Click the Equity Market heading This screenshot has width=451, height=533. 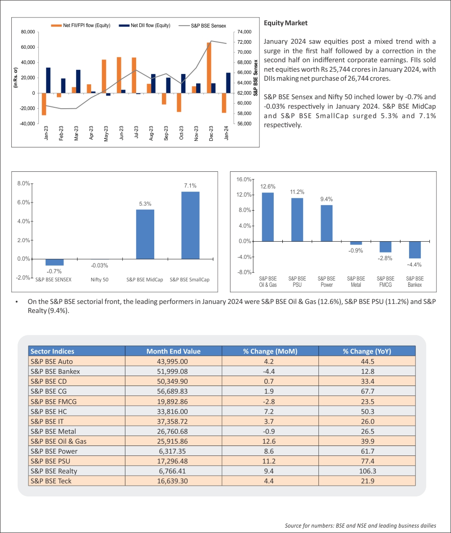point(285,23)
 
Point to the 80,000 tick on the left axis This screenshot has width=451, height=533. point(28,32)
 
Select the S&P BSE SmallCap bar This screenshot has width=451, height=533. point(190,225)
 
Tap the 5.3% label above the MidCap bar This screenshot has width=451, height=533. point(145,204)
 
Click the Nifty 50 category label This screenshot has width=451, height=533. point(99,280)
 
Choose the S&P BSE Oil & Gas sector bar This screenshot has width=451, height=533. point(267,217)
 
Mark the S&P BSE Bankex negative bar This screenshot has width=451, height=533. point(414,250)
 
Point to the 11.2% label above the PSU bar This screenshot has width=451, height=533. point(297,192)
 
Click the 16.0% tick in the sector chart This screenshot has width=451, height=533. point(244,179)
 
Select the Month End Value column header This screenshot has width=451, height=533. point(173,351)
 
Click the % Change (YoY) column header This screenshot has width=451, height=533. point(367,351)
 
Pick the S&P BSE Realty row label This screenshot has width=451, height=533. point(54,471)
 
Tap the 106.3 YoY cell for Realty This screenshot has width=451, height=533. point(367,471)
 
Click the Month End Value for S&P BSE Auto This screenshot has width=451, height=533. point(173,361)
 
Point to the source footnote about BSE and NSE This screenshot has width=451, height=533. point(360,526)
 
